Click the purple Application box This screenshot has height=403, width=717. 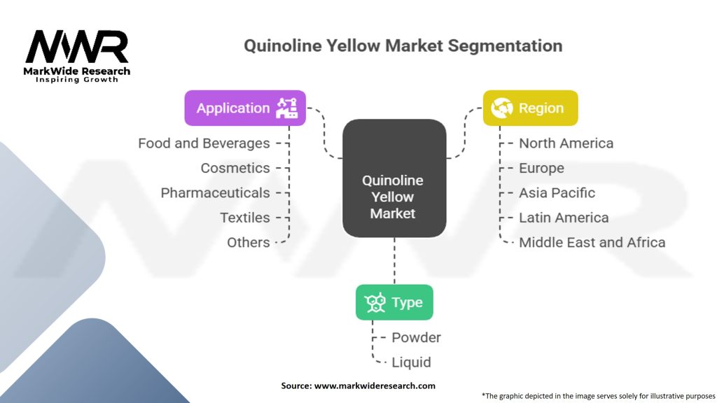245,108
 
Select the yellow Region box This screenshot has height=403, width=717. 531,108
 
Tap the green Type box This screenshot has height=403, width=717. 394,302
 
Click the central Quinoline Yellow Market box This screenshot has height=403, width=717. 394,178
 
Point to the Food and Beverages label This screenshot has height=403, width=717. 204,143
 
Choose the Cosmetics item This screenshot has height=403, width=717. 235,168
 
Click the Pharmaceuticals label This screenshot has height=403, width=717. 215,193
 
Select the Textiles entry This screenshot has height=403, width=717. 244,218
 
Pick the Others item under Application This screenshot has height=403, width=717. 249,242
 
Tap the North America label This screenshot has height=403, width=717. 566,143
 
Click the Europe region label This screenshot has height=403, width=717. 541,168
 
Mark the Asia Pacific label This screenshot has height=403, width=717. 557,193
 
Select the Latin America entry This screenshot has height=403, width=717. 564,218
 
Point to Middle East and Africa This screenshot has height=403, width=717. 592,242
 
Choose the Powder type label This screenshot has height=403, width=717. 416,338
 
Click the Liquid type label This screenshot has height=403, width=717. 411,362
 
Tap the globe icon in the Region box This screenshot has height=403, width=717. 501,108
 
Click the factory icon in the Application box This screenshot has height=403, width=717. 287,108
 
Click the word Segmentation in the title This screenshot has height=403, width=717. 505,46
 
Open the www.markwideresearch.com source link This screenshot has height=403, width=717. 375,386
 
